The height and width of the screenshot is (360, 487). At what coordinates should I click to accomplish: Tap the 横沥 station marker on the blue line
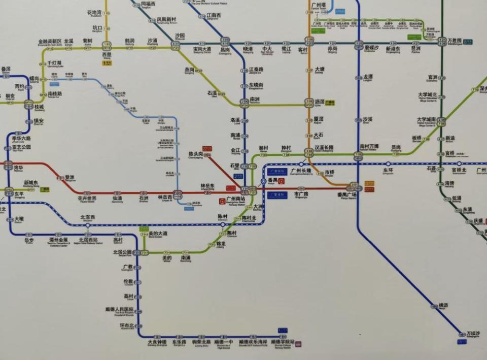tap(434, 306)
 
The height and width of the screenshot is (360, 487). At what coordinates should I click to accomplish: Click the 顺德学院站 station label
tap(283, 342)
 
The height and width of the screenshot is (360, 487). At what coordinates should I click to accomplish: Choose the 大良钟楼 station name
tap(157, 342)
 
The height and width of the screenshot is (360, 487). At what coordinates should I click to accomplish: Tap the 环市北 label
tap(127, 325)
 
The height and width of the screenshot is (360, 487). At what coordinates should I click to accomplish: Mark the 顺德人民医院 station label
tap(119, 309)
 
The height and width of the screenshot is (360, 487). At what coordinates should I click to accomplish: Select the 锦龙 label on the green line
tap(220, 244)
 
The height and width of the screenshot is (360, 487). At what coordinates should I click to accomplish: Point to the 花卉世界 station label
tap(87, 199)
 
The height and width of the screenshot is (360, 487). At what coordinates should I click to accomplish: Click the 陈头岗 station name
tap(196, 153)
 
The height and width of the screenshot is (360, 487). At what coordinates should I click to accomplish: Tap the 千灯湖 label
tap(54, 63)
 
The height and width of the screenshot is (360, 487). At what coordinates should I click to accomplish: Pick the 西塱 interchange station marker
tap(107, 44)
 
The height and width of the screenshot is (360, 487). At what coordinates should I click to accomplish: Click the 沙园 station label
tap(180, 36)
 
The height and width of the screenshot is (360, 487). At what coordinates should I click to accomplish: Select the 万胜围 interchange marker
tap(440, 44)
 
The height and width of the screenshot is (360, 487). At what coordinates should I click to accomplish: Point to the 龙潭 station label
tap(368, 77)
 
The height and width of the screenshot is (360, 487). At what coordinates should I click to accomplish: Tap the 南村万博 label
tap(369, 146)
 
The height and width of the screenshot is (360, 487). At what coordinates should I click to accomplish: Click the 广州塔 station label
tap(319, 5)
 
